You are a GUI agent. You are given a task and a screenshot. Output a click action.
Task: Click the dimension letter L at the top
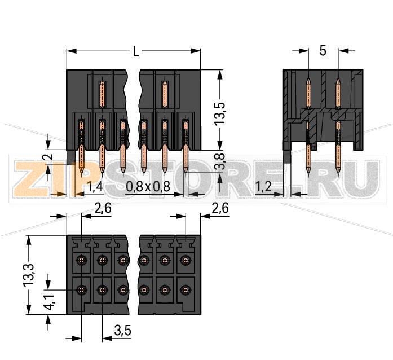pyautogui.click(x=135, y=52)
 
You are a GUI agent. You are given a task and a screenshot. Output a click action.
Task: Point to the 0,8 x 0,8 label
pyautogui.click(x=148, y=186)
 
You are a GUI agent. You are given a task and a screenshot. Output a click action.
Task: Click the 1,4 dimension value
pyautogui.click(x=95, y=186)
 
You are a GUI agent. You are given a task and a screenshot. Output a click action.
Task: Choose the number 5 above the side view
pyautogui.click(x=323, y=51)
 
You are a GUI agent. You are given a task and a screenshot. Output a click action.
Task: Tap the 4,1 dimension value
pyautogui.click(x=49, y=304)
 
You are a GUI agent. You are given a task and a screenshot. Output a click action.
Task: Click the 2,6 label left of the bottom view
pyautogui.click(x=103, y=208)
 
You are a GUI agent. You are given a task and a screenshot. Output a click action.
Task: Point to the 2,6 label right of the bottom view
pyautogui.click(x=219, y=208)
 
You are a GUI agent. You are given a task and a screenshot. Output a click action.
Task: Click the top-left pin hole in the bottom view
pyautogui.click(x=82, y=260)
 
